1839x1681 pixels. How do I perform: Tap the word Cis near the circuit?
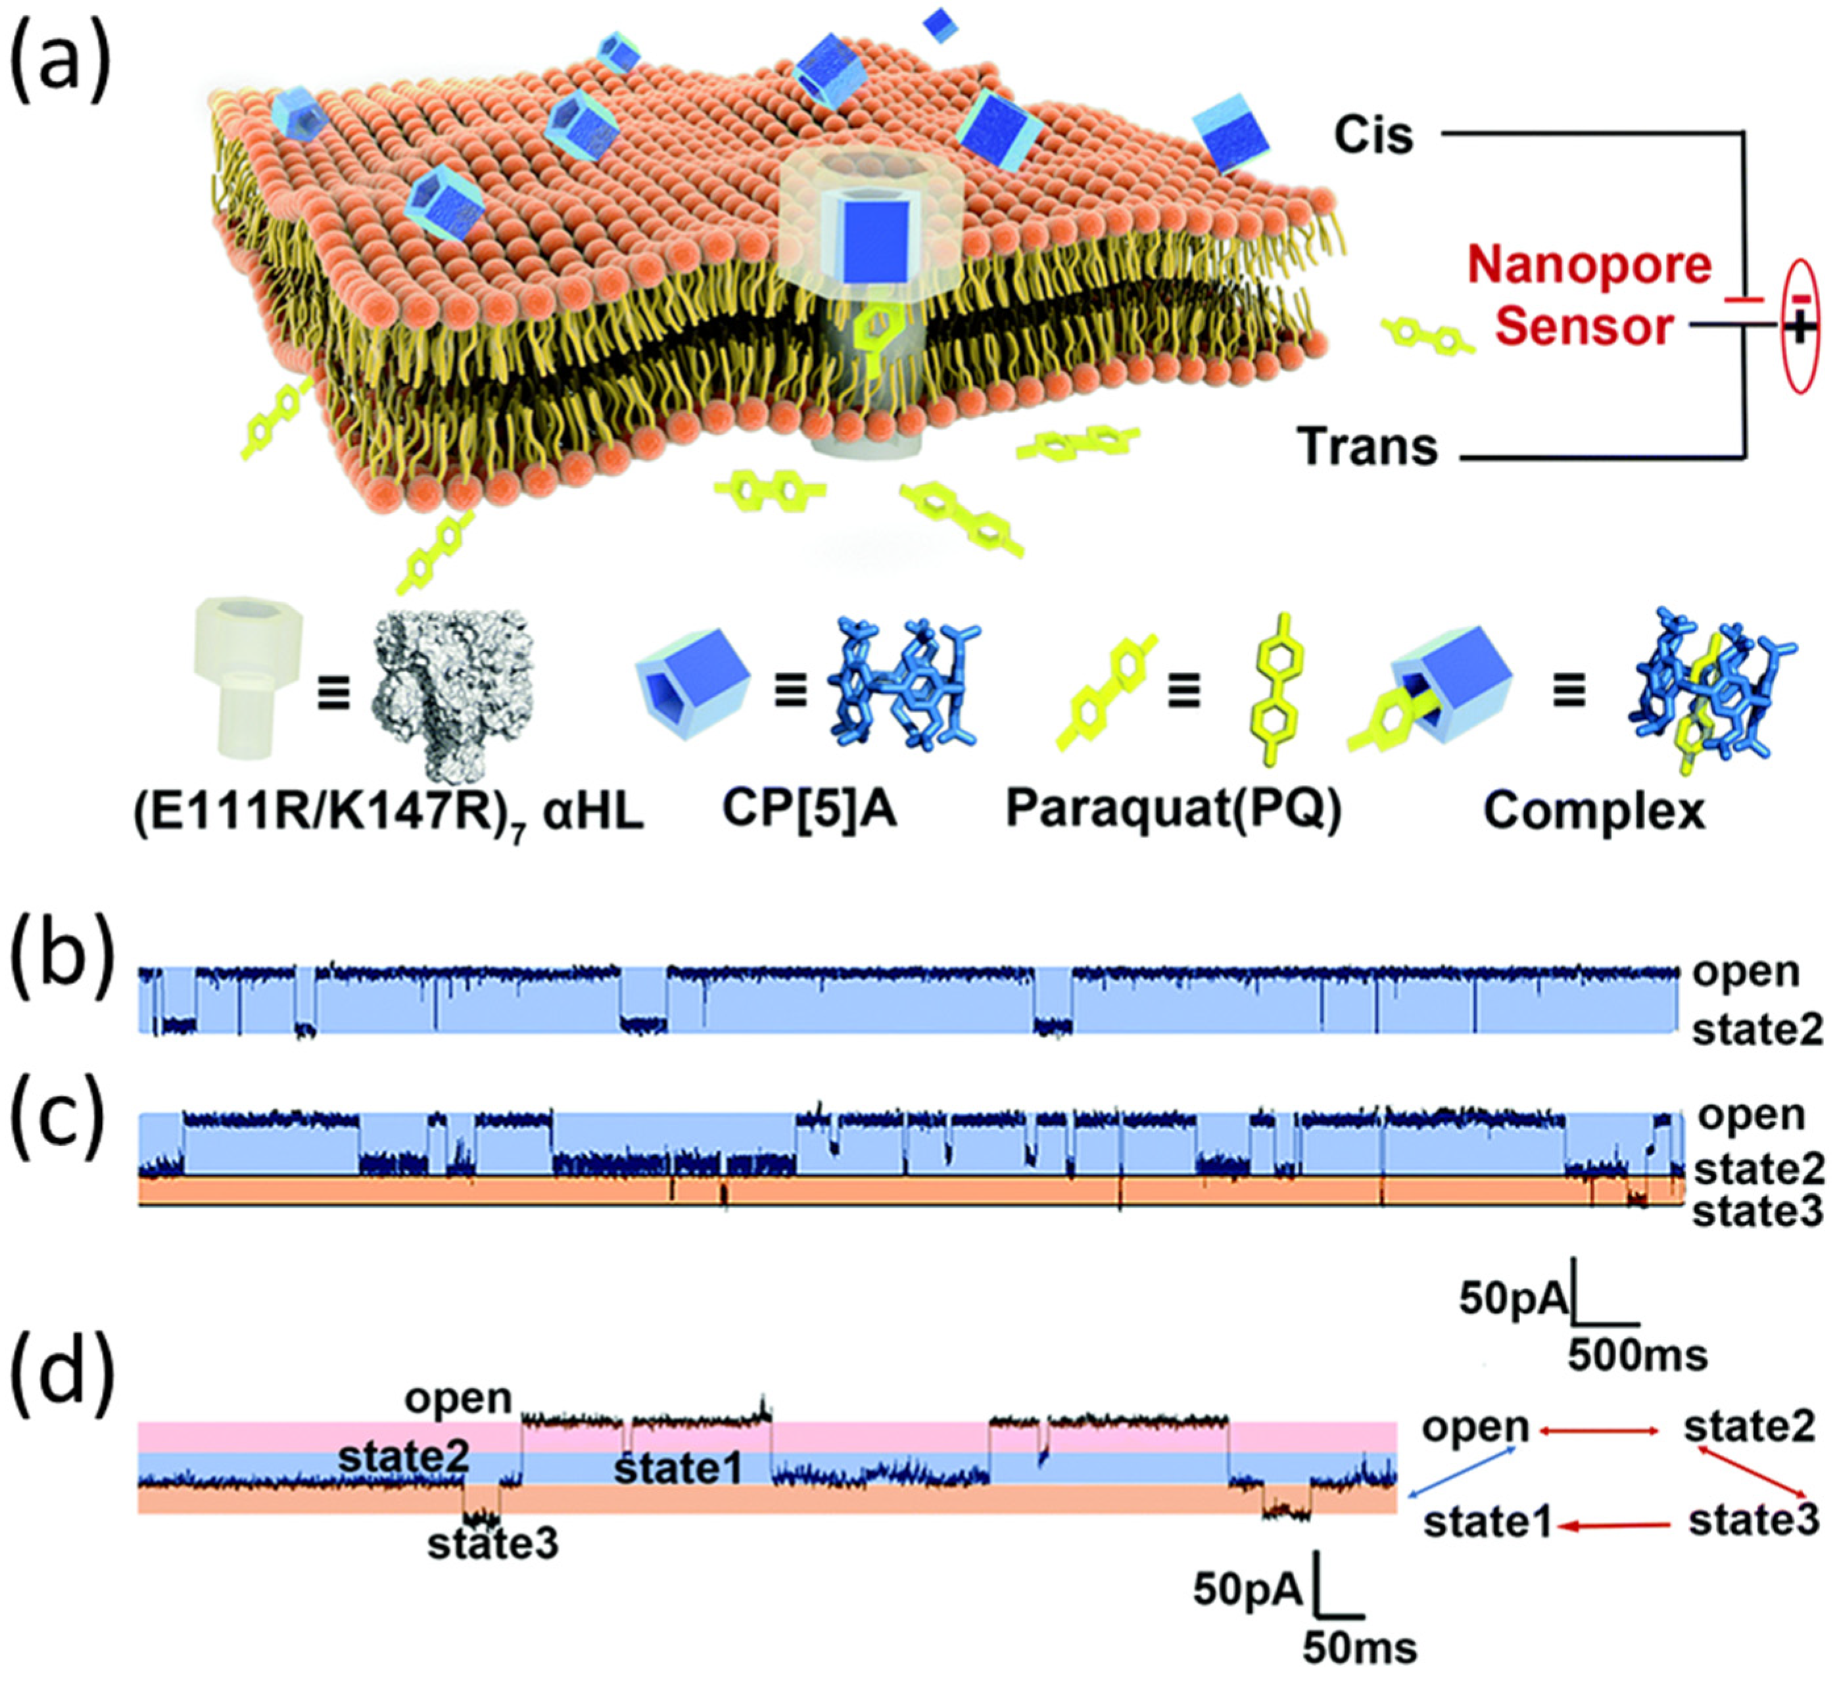pyautogui.click(x=1373, y=135)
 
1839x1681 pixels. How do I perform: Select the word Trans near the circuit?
pyautogui.click(x=1368, y=447)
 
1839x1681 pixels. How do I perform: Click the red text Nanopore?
pyautogui.click(x=1590, y=266)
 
